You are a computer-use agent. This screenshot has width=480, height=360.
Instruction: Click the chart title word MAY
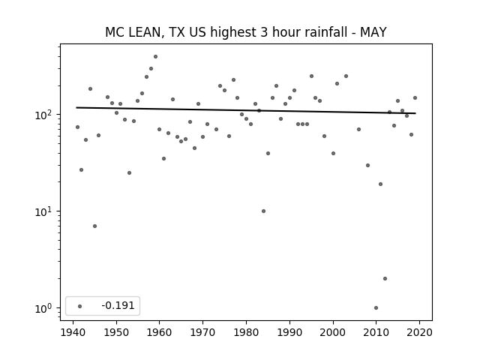click(373, 32)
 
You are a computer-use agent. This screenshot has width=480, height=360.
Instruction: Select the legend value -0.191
click(118, 305)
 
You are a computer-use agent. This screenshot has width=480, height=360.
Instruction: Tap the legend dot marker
click(80, 306)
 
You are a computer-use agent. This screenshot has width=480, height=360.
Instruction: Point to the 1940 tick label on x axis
click(73, 332)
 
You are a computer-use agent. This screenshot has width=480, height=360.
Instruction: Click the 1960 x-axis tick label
click(160, 332)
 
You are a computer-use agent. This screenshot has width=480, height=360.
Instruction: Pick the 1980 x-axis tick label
click(246, 332)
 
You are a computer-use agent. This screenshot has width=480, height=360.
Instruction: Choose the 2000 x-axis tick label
click(333, 332)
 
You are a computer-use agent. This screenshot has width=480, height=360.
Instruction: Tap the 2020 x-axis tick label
click(419, 332)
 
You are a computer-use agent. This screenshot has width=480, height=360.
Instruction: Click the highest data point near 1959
click(155, 57)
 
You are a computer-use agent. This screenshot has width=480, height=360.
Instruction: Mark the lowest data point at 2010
click(376, 308)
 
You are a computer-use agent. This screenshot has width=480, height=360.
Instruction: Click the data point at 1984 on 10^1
click(263, 211)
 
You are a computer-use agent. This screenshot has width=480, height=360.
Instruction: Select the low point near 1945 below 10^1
click(95, 226)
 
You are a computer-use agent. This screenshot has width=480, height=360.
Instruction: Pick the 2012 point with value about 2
click(385, 278)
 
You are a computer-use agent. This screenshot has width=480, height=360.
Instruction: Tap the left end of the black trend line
click(76, 107)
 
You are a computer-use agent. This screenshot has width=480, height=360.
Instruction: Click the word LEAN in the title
click(145, 32)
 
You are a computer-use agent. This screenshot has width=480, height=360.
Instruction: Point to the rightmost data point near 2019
click(415, 98)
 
